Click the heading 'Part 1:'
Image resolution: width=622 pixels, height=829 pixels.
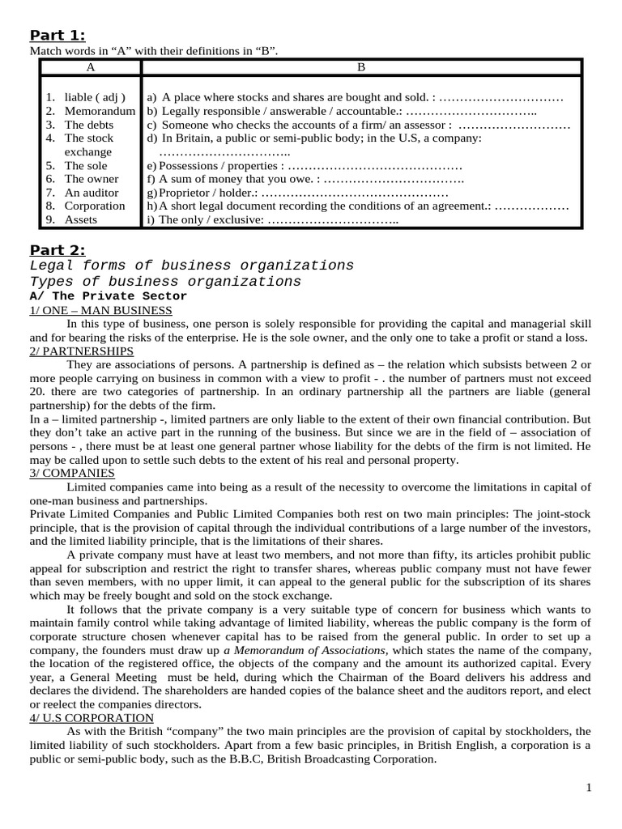[58, 34]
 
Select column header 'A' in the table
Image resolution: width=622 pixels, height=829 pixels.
[91, 68]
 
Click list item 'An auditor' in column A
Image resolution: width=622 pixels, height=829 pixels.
[92, 193]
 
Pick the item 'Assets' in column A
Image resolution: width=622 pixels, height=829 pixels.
[81, 219]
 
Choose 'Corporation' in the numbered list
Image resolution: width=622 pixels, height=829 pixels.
[95, 206]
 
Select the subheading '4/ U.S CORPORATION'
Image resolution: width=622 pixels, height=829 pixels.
[92, 717]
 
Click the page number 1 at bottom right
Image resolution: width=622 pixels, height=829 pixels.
[589, 788]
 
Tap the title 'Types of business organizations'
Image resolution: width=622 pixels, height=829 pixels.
[164, 282]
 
